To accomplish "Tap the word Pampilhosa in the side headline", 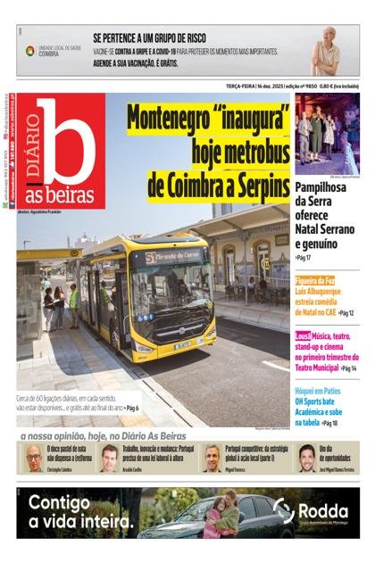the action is (x=327, y=185).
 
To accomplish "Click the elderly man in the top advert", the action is (x=329, y=51).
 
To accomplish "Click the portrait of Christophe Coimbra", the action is (x=33, y=457).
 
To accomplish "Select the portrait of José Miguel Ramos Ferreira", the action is (x=306, y=457).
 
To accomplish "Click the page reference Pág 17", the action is (x=304, y=257).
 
